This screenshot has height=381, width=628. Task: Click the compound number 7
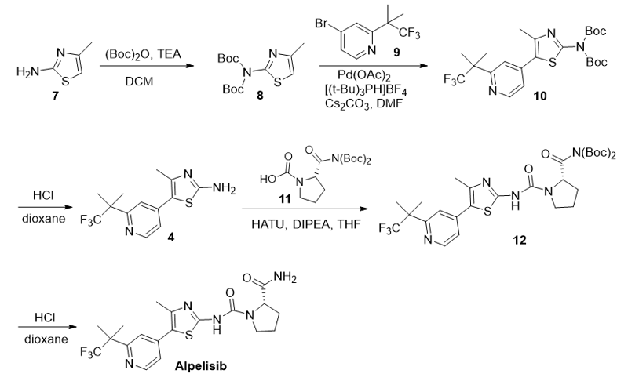click(55, 96)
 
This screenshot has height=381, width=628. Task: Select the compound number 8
click(260, 95)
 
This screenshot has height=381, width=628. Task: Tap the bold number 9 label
click(396, 52)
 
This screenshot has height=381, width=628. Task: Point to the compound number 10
click(539, 96)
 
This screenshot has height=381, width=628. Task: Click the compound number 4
click(171, 237)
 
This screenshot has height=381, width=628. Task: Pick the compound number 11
click(284, 198)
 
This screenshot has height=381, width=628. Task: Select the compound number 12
click(520, 240)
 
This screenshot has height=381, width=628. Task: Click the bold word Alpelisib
click(201, 365)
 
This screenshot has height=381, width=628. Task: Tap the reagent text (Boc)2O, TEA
click(143, 54)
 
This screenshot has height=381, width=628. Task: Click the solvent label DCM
click(139, 82)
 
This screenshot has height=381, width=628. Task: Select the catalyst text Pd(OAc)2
click(364, 75)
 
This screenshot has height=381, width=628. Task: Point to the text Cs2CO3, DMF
click(363, 103)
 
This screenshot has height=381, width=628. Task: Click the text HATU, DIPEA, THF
click(306, 224)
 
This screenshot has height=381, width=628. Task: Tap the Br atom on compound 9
click(322, 24)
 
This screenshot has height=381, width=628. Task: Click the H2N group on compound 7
click(27, 72)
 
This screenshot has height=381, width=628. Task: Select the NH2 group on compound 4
click(225, 188)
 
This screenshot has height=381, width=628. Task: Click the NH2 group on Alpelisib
click(285, 277)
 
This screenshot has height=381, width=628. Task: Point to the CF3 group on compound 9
click(410, 33)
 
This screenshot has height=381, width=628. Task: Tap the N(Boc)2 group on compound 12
click(594, 153)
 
